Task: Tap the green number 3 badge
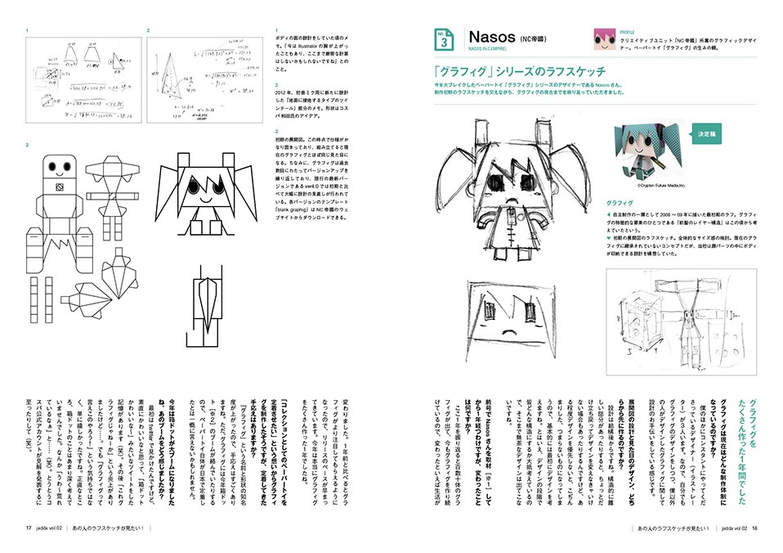coord(442,38)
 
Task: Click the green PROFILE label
coord(631,30)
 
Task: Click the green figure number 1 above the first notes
coord(27,30)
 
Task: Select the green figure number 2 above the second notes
coord(149,30)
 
